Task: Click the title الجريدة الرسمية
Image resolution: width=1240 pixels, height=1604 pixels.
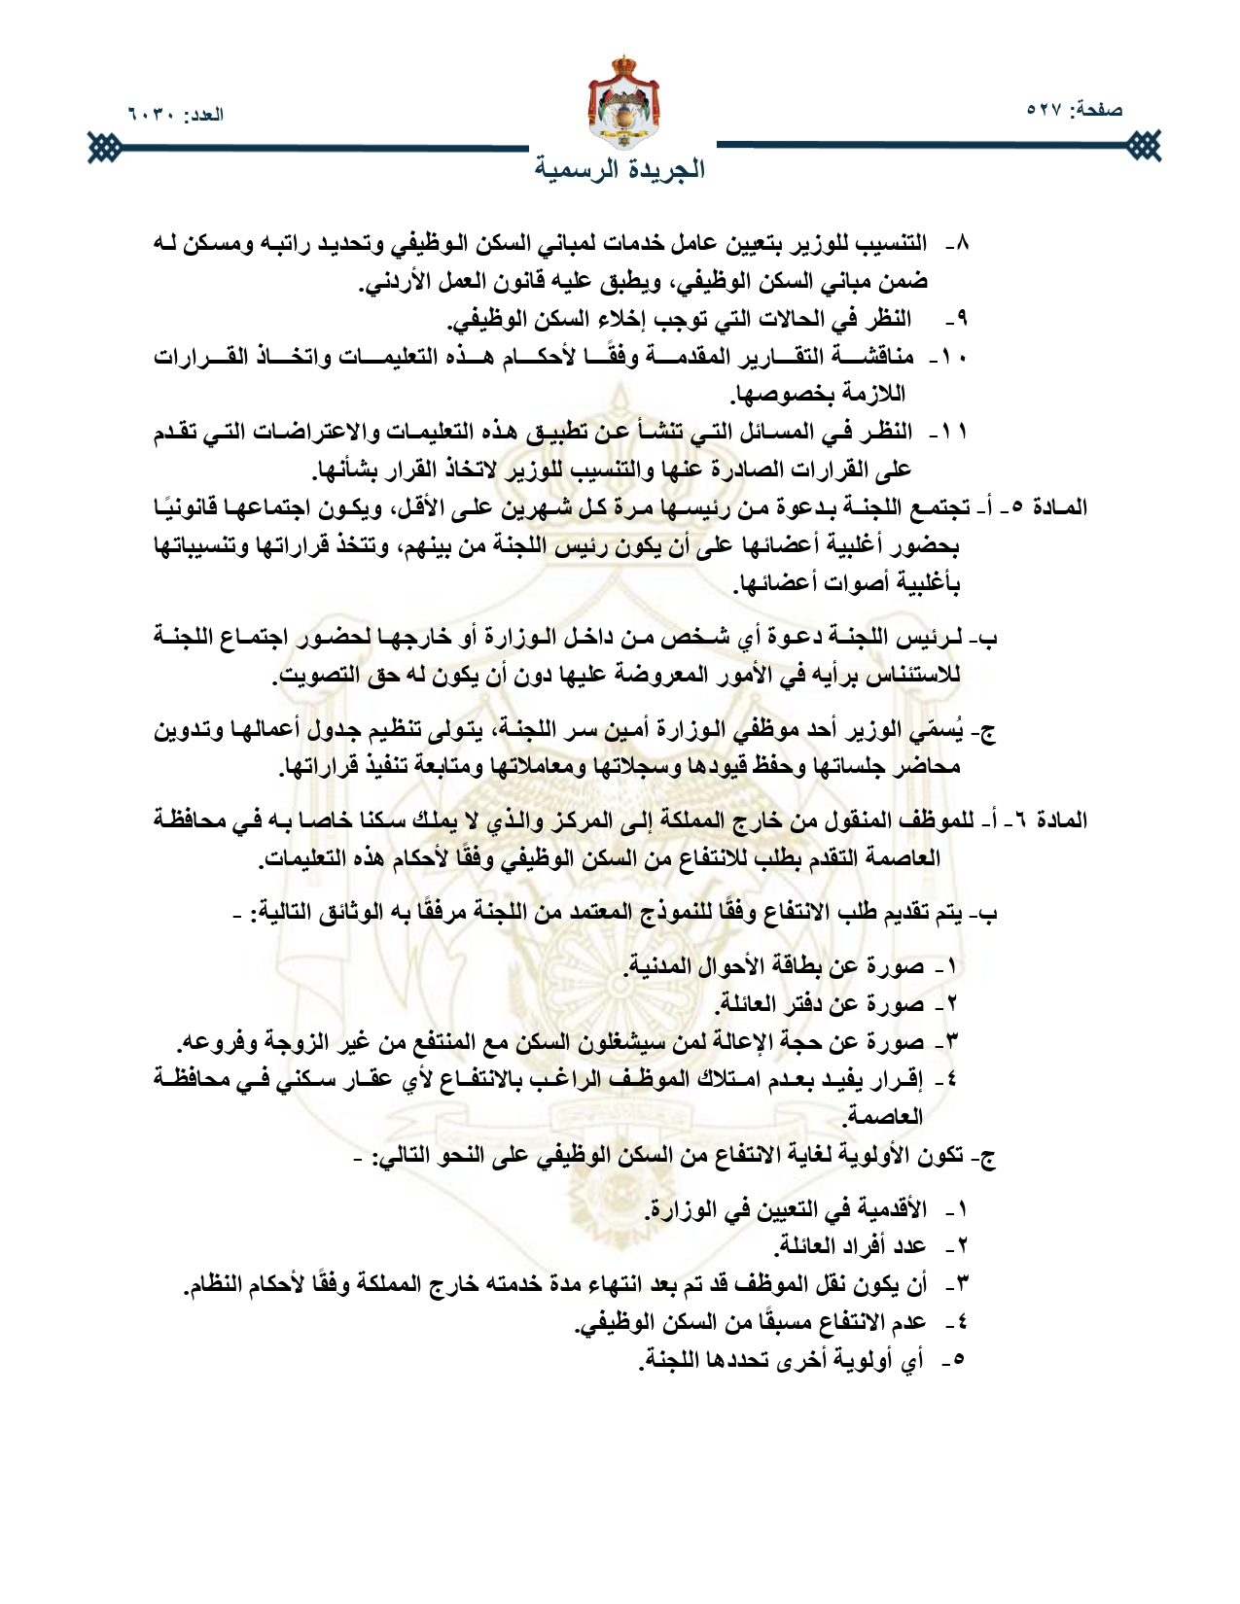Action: [x=620, y=169]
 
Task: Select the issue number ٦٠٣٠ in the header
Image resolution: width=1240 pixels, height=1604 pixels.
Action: [x=151, y=115]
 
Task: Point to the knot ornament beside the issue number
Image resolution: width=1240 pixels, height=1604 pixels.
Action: [x=101, y=148]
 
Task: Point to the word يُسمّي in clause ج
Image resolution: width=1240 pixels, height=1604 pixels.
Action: [x=947, y=730]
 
